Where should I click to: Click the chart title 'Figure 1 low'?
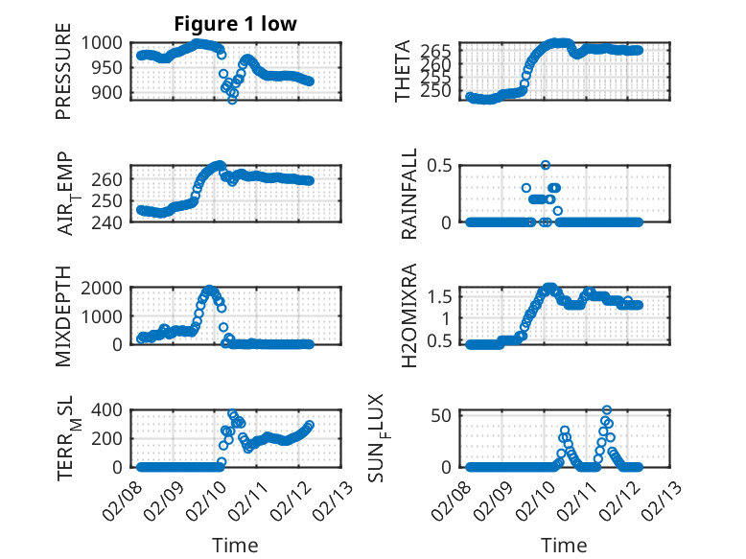click(234, 24)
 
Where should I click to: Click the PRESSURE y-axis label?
click(63, 78)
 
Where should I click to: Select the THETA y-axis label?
click(403, 71)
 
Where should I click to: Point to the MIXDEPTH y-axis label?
click(63, 314)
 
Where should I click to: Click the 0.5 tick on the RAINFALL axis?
click(440, 165)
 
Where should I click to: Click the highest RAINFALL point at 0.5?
click(546, 165)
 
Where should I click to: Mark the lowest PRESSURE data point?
click(232, 99)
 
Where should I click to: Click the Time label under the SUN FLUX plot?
click(564, 545)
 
